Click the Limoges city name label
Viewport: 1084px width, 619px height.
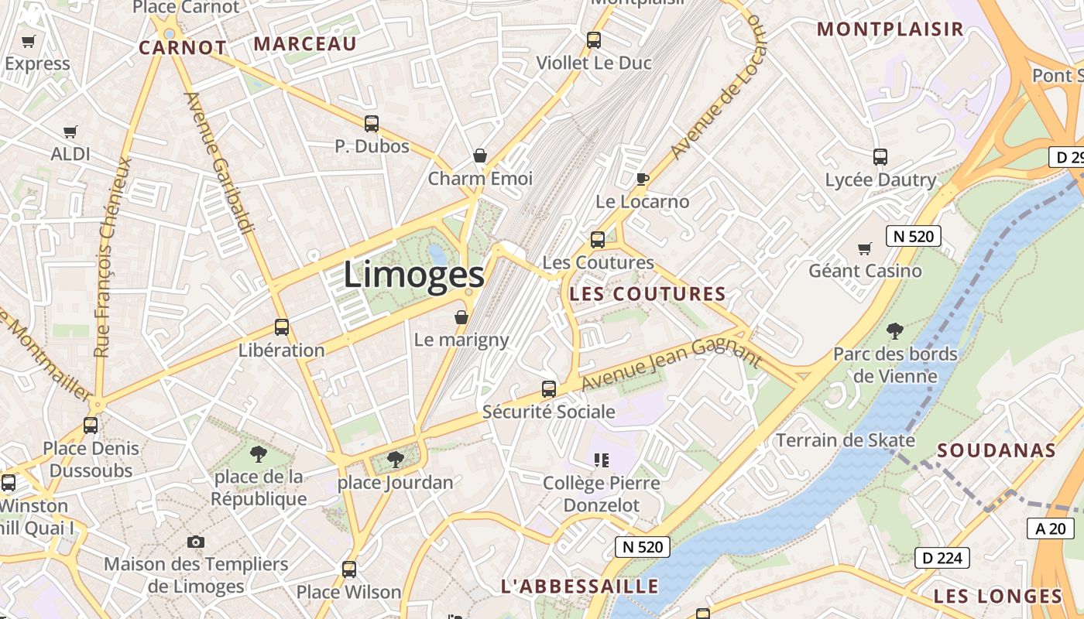[x=413, y=275]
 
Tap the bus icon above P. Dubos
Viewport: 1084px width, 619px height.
[x=372, y=124]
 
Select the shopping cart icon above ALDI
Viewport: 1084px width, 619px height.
[x=70, y=132]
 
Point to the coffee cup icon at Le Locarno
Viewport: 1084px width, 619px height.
[x=642, y=180]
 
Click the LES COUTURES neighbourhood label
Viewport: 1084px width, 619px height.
[x=647, y=294]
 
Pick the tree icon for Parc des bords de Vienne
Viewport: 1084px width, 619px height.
[x=895, y=331]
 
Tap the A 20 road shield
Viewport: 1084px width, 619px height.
[x=1051, y=528]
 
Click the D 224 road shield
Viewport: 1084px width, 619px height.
[x=942, y=557]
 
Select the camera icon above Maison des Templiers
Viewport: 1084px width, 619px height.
[x=196, y=542]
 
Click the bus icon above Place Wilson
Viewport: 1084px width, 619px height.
[x=349, y=569]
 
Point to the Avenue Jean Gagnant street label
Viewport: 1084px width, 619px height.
[x=671, y=365]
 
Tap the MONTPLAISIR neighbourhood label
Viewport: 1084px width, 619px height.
[x=890, y=29]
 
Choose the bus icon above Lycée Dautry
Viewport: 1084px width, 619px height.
[x=880, y=157]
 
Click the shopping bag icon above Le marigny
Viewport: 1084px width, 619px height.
[x=461, y=317]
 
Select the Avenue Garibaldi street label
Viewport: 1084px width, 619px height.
[x=219, y=162]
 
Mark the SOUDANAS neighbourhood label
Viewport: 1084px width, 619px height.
[x=997, y=450]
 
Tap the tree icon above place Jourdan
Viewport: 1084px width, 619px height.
[x=395, y=460]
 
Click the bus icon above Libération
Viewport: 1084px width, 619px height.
[x=282, y=327]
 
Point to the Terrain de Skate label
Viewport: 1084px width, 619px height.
[x=846, y=440]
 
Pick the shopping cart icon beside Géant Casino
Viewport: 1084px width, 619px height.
[x=865, y=248]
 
